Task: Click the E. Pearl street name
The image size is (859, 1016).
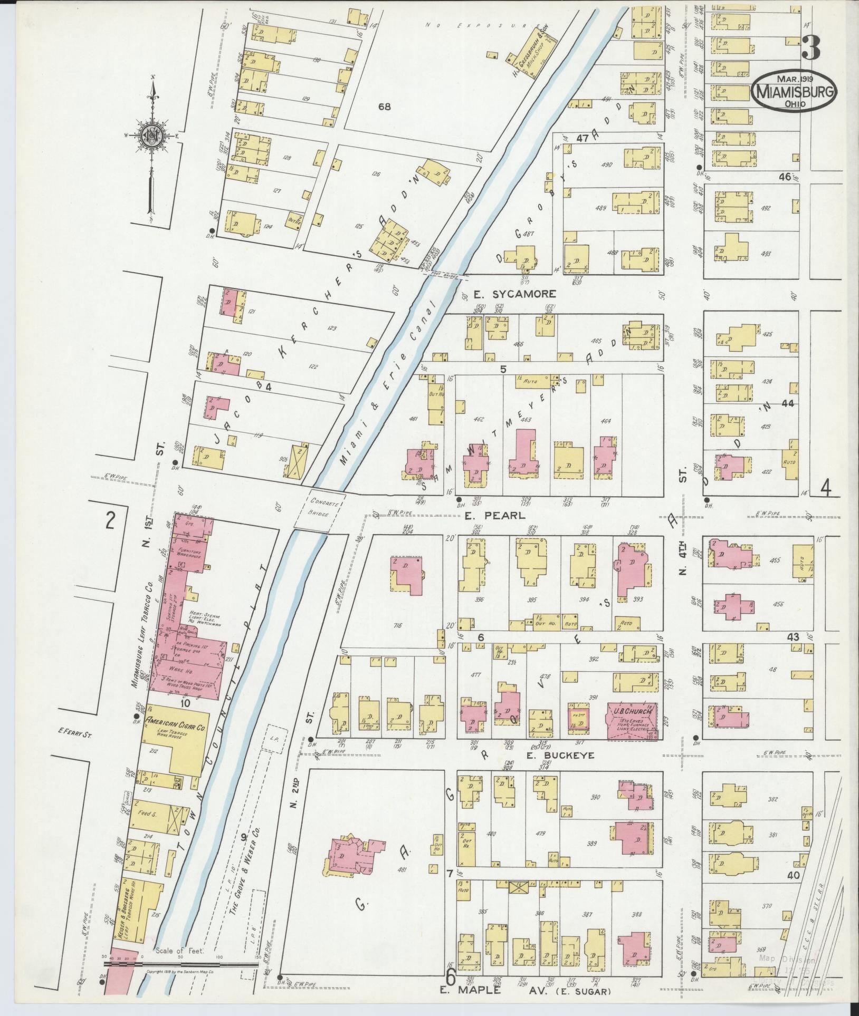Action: tap(495, 516)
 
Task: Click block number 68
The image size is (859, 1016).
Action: tap(384, 107)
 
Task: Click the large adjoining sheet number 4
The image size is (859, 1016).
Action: tap(825, 490)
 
